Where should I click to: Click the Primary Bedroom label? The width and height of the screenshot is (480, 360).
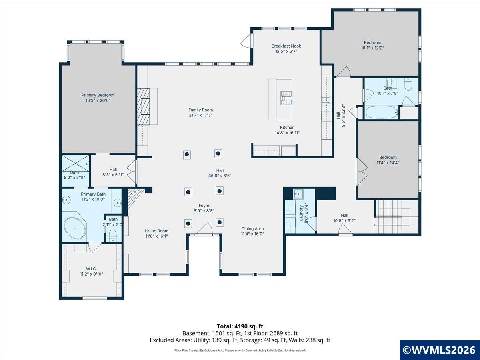tap(98, 95)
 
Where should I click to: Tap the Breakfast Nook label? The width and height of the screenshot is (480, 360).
tap(286, 46)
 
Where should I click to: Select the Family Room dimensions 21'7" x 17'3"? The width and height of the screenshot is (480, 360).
tap(200, 115)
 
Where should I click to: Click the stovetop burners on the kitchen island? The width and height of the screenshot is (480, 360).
tap(286, 98)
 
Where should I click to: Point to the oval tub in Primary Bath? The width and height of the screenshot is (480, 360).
tap(75, 228)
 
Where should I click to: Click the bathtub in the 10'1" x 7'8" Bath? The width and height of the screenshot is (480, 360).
tap(382, 112)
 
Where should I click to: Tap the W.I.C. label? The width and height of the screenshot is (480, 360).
tap(92, 269)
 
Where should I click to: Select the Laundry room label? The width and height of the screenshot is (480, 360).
tap(301, 213)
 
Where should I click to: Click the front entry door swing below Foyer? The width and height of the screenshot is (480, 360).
tap(204, 229)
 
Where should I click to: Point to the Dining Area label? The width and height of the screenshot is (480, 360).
tap(252, 229)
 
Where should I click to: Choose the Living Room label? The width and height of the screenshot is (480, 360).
tap(156, 231)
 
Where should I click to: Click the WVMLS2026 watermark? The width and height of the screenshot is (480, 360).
tap(440, 350)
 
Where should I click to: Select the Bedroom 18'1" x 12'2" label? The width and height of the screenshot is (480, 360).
tap(373, 45)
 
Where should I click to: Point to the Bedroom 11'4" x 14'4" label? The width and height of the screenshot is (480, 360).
tap(388, 160)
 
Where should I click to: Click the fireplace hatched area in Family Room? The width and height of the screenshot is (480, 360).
tap(143, 106)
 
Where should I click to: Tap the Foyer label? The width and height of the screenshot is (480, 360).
tap(204, 206)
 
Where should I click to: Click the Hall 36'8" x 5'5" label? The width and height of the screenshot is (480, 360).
tap(220, 173)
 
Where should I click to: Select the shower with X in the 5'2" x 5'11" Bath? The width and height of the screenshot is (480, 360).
tap(76, 163)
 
